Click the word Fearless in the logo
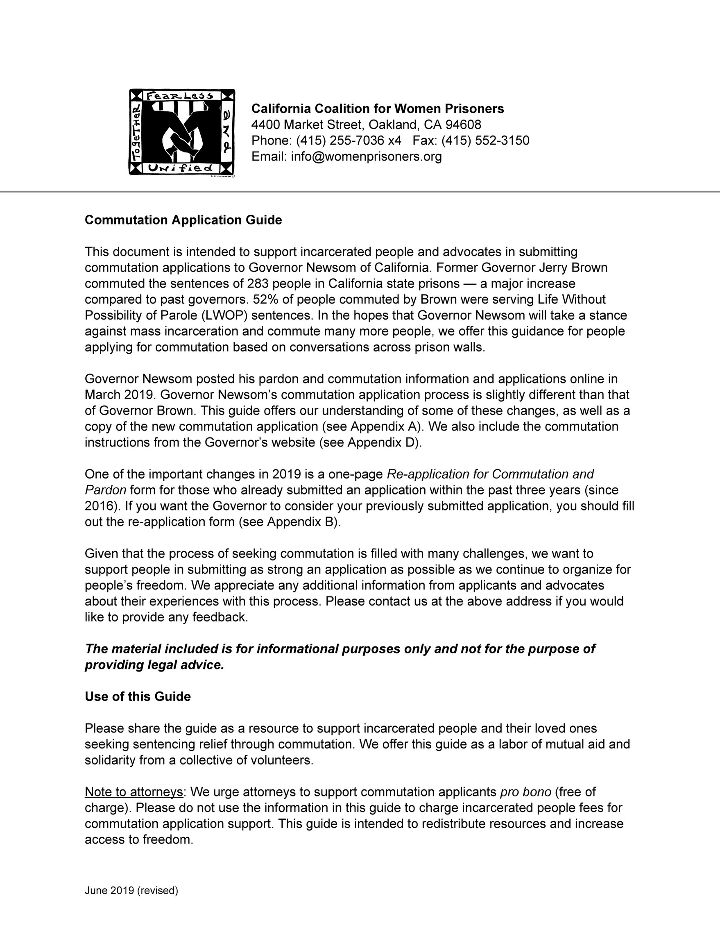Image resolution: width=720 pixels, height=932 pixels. coord(179,95)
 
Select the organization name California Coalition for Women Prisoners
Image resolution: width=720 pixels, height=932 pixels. coord(378,109)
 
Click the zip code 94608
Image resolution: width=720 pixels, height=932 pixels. coord(463,125)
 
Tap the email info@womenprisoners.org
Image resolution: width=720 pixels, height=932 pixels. coord(366,156)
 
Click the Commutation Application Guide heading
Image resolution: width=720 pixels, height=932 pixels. coord(183,220)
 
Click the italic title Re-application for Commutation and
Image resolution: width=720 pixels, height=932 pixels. coord(490,474)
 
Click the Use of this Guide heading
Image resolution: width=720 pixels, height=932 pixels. coord(138,697)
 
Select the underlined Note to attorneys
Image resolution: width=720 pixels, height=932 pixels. coord(134,792)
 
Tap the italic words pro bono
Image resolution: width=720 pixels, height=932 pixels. coord(525,792)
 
